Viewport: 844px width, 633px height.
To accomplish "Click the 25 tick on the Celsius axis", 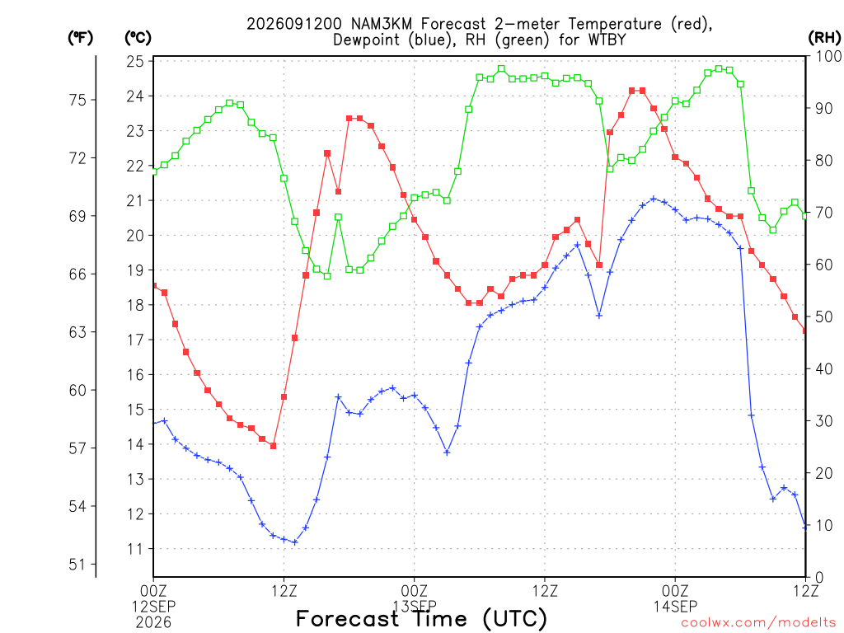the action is [135, 61].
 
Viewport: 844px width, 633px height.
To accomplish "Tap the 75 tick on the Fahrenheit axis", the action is [77, 100].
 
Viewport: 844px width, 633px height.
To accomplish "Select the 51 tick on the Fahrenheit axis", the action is [77, 565].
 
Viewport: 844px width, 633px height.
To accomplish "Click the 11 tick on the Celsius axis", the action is [135, 549].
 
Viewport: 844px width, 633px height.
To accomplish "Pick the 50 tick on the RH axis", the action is [824, 316].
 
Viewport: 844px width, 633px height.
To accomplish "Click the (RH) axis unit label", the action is [824, 38].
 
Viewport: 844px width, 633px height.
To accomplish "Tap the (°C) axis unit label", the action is [138, 38].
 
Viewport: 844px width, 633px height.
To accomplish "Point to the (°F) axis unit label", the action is [80, 38].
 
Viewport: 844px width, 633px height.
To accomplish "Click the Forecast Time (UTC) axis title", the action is [421, 619].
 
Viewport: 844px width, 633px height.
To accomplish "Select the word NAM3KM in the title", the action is [383, 24].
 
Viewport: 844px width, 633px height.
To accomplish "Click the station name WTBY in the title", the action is [605, 40].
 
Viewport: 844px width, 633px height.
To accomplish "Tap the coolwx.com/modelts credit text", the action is [758, 623].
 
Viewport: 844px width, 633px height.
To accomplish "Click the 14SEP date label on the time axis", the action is [675, 607].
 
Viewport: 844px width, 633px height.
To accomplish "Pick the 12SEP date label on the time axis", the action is [154, 607].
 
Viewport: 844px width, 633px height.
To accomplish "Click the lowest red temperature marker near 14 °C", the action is [273, 446].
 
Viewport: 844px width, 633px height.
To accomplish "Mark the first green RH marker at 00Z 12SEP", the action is [153, 171].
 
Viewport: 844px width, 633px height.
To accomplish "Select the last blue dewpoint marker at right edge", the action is [805, 527].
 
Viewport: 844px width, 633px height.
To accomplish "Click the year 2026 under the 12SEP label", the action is [154, 623].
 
